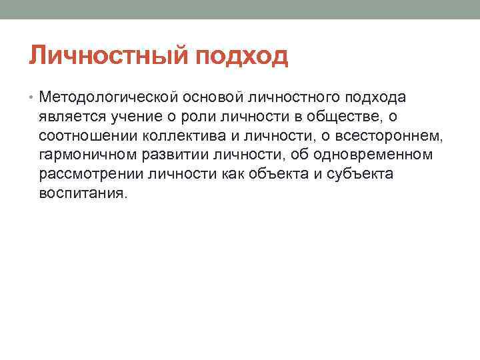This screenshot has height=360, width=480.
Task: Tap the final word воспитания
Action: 81,193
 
